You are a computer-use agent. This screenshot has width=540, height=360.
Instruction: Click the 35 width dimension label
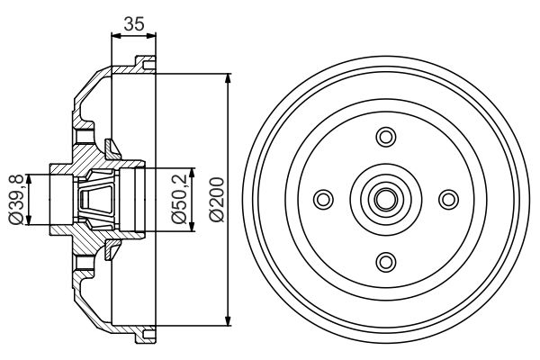point(133,24)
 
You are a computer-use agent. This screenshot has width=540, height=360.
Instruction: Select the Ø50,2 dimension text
point(180,198)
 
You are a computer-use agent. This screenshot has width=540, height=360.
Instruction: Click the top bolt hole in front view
point(386,137)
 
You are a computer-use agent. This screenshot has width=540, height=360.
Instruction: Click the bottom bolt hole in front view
point(386,261)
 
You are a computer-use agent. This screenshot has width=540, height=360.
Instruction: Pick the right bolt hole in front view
point(448,199)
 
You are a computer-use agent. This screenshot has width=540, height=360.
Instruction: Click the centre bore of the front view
point(386,199)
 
